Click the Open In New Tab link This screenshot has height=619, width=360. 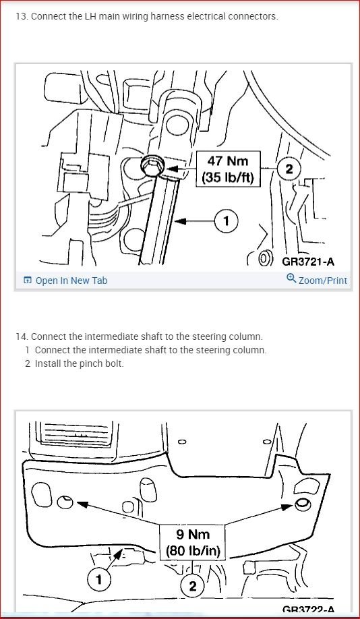[x=71, y=281]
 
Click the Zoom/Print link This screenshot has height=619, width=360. [x=322, y=281]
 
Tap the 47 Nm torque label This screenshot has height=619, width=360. [x=229, y=161]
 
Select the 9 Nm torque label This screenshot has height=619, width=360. [x=193, y=535]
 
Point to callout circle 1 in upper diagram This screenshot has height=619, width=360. [x=227, y=220]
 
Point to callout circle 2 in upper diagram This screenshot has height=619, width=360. [x=289, y=169]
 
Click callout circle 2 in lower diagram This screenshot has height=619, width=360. [x=193, y=586]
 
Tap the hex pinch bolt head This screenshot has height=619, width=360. [x=150, y=166]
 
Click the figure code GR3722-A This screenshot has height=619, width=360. [x=309, y=610]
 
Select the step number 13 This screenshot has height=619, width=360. [x=22, y=16]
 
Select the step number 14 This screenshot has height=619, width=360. [x=22, y=336]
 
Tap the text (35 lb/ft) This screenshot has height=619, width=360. [x=229, y=179]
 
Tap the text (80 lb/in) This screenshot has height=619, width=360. [x=193, y=550]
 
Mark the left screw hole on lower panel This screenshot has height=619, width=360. [x=65, y=502]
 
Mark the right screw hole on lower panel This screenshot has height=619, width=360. [x=302, y=504]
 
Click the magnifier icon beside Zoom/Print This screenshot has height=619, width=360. [x=291, y=278]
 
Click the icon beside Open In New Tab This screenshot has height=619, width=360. [x=28, y=281]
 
